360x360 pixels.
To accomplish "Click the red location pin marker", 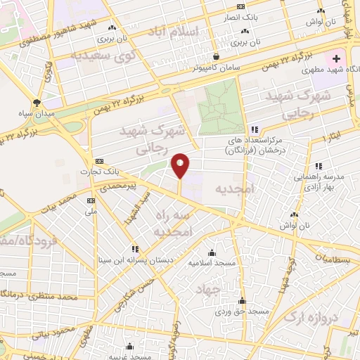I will coord(181,165).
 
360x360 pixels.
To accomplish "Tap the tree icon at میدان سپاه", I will coord(46,101).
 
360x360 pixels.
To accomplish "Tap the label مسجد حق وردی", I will coord(242,309).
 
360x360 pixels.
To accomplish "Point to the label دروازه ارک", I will coord(311,318).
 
